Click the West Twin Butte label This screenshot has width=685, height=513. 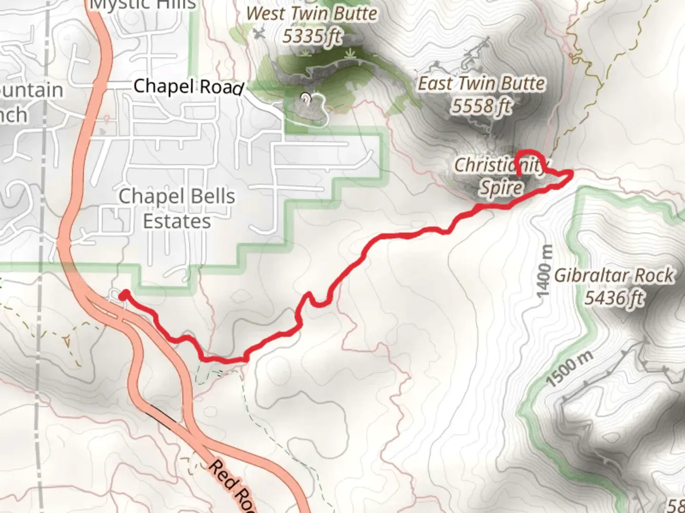click(312, 14)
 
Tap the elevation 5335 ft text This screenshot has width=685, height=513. click(312, 36)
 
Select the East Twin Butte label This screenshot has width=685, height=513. click(481, 84)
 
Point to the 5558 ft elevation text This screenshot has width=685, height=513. click(481, 106)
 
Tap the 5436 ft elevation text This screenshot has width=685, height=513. click(615, 298)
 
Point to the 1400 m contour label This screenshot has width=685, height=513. click(545, 271)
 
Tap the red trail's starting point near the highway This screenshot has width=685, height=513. click(124, 295)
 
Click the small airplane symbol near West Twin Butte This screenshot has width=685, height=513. click(258, 33)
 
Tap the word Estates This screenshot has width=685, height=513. click(177, 221)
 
